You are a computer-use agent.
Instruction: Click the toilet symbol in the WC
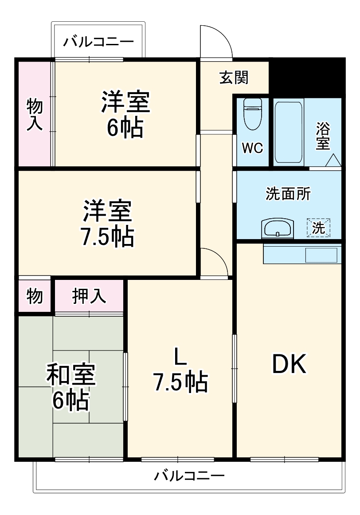[253, 115]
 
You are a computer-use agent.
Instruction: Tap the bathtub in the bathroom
[289, 132]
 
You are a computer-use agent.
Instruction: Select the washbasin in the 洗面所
[278, 228]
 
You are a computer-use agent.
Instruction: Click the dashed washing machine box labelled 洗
[319, 227]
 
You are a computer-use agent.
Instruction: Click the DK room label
[289, 365]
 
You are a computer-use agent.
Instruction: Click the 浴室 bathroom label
[323, 136]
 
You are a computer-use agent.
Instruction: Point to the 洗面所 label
[288, 194]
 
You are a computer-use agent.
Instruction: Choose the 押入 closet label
[89, 296]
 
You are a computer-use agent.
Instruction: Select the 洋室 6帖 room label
[125, 114]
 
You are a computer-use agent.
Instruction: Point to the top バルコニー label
[98, 43]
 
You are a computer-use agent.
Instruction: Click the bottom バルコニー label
[189, 477]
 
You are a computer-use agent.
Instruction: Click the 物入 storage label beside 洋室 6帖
[35, 115]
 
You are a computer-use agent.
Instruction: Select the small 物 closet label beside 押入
[35, 296]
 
